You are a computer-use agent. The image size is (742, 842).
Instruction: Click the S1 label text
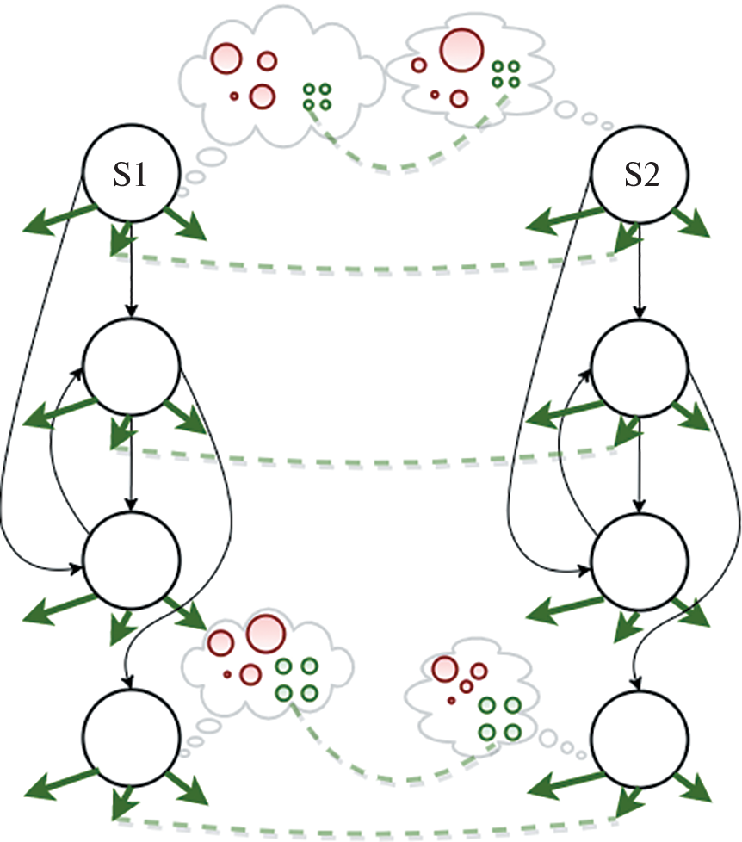click(x=130, y=177)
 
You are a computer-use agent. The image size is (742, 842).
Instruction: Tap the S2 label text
click(x=640, y=177)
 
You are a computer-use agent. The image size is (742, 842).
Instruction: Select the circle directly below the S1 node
click(x=131, y=368)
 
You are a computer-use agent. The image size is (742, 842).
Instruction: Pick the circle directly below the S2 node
click(x=640, y=368)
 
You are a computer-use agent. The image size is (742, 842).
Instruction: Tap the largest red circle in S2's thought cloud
click(x=461, y=49)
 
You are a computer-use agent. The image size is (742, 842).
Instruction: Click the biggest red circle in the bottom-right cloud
click(x=445, y=668)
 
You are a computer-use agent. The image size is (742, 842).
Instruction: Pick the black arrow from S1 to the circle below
click(x=131, y=284)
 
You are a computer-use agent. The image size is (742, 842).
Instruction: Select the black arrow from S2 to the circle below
click(x=640, y=284)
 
